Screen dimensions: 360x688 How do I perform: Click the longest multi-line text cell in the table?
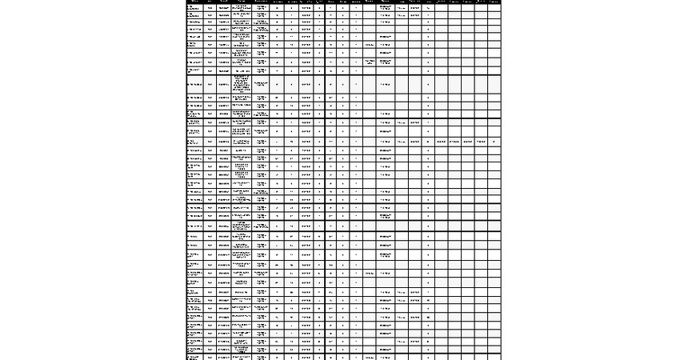pyautogui.click(x=242, y=84)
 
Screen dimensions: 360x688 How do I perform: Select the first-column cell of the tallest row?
pyautogui.click(x=194, y=84)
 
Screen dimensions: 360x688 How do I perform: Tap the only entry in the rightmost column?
pyautogui.click(x=494, y=142)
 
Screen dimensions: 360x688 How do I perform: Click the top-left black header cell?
pyautogui.click(x=194, y=2)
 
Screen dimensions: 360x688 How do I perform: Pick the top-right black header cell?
pyautogui.click(x=494, y=2)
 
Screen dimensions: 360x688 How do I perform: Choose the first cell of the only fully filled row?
pyautogui.click(x=194, y=142)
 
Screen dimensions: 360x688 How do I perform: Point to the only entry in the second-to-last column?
pyautogui.click(x=480, y=142)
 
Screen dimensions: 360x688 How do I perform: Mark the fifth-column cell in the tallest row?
pyautogui.click(x=262, y=84)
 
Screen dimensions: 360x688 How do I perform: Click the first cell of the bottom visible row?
pyautogui.click(x=194, y=357)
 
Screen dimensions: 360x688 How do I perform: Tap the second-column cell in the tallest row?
pyautogui.click(x=210, y=84)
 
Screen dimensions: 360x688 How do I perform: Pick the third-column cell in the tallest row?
pyautogui.click(x=223, y=84)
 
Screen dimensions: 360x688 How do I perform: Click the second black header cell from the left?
pyautogui.click(x=210, y=2)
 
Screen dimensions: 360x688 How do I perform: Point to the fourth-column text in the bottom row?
pyautogui.click(x=242, y=357)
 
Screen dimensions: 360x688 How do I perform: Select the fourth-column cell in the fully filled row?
pyautogui.click(x=242, y=142)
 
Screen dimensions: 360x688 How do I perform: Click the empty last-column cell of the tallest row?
pyautogui.click(x=494, y=84)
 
